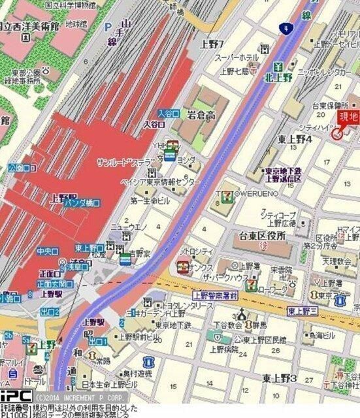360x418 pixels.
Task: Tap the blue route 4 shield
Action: (x=285, y=28)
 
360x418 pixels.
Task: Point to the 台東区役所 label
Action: (x=263, y=236)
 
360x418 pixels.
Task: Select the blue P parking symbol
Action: (x=107, y=27)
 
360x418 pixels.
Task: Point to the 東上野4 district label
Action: (x=296, y=138)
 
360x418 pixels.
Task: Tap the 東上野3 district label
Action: (x=280, y=378)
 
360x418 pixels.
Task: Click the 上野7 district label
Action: (x=212, y=44)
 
